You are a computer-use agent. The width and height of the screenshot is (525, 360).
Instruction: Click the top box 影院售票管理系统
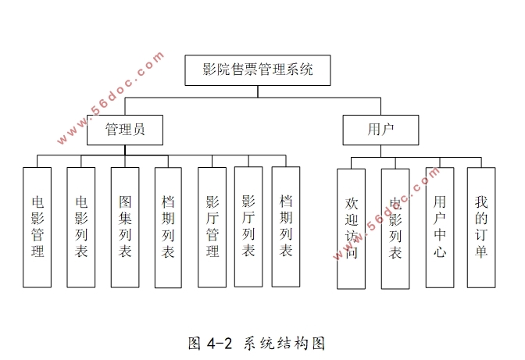pyautogui.click(x=258, y=70)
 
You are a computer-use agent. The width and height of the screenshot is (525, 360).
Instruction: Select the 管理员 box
pyautogui.click(x=125, y=130)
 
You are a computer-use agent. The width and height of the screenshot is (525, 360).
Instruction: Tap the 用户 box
pyautogui.click(x=380, y=130)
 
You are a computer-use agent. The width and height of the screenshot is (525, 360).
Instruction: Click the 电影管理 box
pyautogui.click(x=37, y=226)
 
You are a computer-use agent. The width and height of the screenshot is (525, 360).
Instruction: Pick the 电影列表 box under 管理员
pyautogui.click(x=81, y=226)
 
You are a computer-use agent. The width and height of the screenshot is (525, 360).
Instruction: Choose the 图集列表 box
pyautogui.click(x=125, y=226)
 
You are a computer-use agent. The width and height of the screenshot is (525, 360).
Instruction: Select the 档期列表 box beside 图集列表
pyautogui.click(x=168, y=226)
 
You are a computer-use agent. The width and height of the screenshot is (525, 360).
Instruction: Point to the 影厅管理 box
pyautogui.click(x=212, y=226)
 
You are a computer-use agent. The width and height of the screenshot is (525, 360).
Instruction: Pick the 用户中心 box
pyautogui.click(x=440, y=226)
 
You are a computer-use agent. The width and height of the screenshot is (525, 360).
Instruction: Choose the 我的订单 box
pyautogui.click(x=481, y=226)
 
